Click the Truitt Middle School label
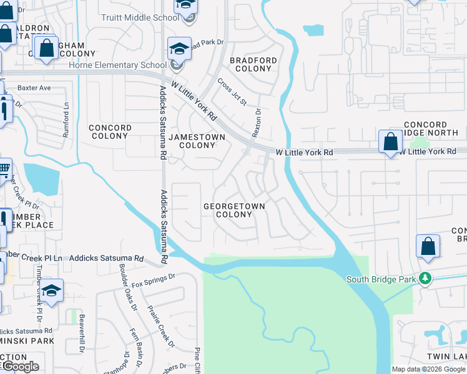[140, 17]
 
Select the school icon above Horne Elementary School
[179, 49]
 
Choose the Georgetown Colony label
[234, 210]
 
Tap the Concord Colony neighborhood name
[110, 132]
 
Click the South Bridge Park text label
[381, 279]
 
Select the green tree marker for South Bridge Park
[425, 278]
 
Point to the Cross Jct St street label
[232, 92]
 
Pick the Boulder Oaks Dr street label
[127, 287]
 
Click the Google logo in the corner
[20, 367]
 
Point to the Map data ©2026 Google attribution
[428, 369]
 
